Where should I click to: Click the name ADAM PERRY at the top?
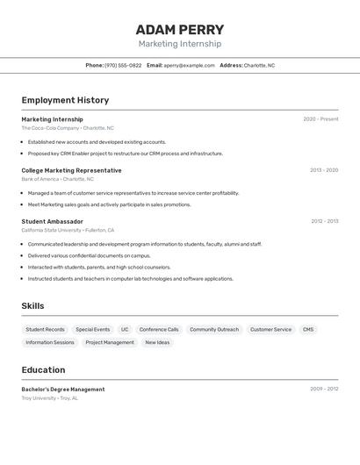pos(180,30)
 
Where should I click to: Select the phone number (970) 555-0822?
pos(123,65)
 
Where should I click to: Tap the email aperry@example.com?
pos(189,65)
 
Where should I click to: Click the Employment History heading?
pos(65,100)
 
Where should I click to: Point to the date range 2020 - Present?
pos(320,119)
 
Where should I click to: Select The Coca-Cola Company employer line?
pos(68,128)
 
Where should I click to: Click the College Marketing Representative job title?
pos(71,170)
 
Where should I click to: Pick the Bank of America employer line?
pos(58,179)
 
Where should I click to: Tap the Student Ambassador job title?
pos(52,221)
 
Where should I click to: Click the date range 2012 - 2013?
pos(324,221)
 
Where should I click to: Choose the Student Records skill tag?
pos(45,329)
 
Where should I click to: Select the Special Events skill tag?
pos(93,329)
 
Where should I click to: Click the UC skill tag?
pos(125,329)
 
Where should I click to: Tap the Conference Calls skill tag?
pos(159,329)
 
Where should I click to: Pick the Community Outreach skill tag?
pos(214,329)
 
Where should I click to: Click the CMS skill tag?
pos(308,329)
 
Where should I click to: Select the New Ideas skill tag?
pos(157,342)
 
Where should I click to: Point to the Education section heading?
pos(42,369)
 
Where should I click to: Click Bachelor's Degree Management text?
pos(63,389)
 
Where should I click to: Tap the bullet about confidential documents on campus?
pos(89,255)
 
